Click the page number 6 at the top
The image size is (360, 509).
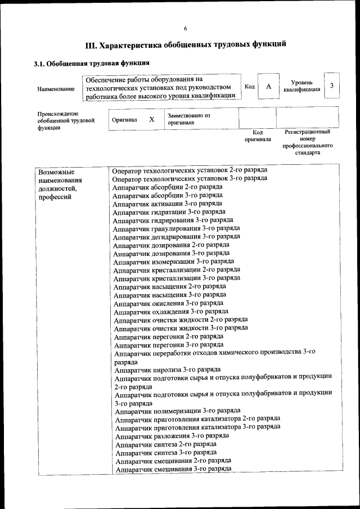(185, 29)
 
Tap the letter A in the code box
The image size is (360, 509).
(269, 86)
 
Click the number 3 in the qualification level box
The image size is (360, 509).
(332, 85)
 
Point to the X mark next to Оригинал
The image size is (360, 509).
(151, 120)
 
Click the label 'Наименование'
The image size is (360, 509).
(56, 89)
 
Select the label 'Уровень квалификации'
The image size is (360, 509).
(302, 86)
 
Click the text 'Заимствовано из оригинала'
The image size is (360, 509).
(188, 119)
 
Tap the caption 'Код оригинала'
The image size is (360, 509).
(258, 136)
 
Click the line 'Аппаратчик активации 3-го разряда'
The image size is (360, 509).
(167, 204)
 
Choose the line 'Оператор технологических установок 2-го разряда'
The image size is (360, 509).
(189, 170)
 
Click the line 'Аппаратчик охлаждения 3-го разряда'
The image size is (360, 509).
(171, 311)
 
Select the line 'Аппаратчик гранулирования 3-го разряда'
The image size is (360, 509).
(176, 228)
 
